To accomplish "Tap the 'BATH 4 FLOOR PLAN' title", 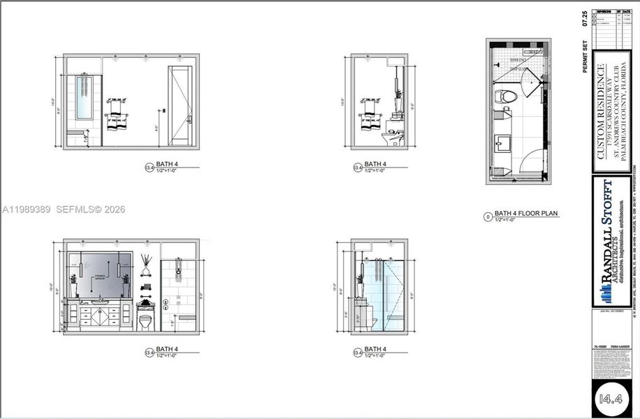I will click(526, 214).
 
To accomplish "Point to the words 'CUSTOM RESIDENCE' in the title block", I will click(601, 112).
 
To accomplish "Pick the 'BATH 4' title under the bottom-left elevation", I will click(166, 349).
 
